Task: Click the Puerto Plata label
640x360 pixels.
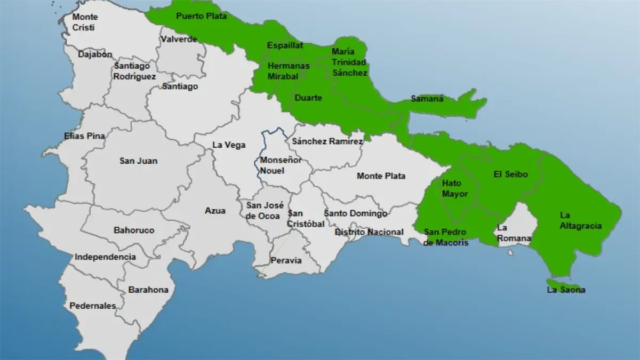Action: (x=201, y=16)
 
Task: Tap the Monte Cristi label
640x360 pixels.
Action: (x=85, y=22)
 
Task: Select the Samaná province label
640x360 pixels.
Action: (x=427, y=99)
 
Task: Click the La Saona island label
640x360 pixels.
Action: (x=566, y=290)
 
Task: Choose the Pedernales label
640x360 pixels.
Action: (x=93, y=306)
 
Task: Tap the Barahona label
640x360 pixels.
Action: (x=148, y=290)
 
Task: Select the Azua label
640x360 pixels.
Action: (x=215, y=211)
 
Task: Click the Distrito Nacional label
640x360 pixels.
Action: (x=369, y=232)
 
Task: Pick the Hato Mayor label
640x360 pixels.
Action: (x=455, y=188)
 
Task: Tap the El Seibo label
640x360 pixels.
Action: (x=510, y=174)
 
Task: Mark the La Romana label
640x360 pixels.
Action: (x=513, y=233)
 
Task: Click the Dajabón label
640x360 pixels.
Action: (x=95, y=54)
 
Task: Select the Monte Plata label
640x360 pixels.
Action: (x=381, y=176)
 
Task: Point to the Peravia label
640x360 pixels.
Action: (x=286, y=261)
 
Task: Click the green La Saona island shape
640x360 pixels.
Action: (x=559, y=282)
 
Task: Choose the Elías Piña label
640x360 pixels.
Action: (x=84, y=136)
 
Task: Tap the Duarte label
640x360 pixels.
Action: (x=308, y=98)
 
